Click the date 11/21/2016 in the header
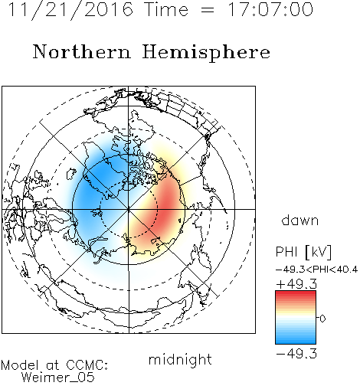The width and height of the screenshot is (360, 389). [x=70, y=10]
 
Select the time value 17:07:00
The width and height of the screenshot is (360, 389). [x=270, y=9]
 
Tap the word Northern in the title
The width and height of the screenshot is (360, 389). [x=82, y=51]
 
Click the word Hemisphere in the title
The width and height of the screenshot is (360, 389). [x=206, y=53]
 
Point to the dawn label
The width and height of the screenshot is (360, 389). [x=300, y=221]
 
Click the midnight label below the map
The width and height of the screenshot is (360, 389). [x=180, y=359]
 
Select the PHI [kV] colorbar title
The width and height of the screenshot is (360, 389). [x=303, y=252]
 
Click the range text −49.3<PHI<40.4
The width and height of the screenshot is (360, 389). [x=316, y=270]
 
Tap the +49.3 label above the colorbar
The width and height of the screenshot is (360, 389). [x=296, y=284]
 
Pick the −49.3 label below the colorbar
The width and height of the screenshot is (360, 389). [x=296, y=354]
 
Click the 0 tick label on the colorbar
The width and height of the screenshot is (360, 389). [x=322, y=319]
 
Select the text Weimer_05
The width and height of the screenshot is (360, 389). [x=58, y=377]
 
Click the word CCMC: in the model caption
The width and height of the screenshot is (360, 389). [x=87, y=365]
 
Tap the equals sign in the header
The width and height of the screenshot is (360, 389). [x=207, y=10]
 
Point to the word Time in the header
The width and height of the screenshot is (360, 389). [x=166, y=9]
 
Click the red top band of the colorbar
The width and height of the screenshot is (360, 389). [x=296, y=294]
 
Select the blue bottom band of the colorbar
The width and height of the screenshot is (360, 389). [x=296, y=341]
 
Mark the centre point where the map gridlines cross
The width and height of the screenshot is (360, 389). [x=129, y=209]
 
